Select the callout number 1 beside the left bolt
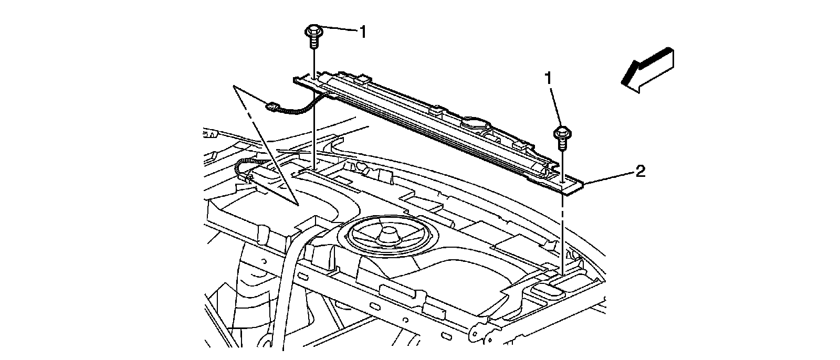pos(362,31)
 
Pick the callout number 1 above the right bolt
pos(548,79)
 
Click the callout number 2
pos(640,171)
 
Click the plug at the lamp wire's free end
pos(271,108)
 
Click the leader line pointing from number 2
pos(609,177)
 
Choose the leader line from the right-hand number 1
pos(555,105)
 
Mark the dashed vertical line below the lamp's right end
pos(563,231)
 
